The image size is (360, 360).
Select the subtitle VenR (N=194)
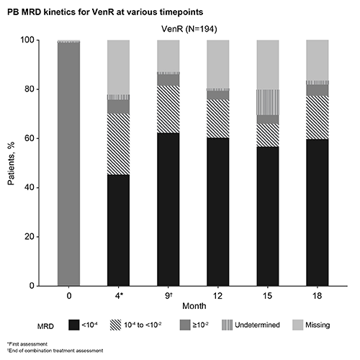click(189, 29)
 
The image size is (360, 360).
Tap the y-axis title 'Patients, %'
click(11, 163)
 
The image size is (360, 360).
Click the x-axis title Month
click(194, 306)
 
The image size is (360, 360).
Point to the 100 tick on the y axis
click(27, 40)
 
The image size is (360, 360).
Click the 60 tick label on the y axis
click(30, 138)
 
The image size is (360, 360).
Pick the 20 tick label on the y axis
click(30, 237)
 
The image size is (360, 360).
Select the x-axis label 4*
click(119, 296)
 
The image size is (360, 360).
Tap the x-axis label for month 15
click(267, 296)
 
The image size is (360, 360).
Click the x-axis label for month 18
click(317, 296)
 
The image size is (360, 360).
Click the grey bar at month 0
click(68, 164)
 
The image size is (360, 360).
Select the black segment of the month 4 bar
click(118, 230)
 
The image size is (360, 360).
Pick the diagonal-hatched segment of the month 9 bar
click(168, 109)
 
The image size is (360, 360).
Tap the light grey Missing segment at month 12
click(218, 64)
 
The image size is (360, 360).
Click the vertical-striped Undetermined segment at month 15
click(268, 102)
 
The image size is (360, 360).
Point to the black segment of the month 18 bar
click(318, 212)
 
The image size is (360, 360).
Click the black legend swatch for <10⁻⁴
click(73, 325)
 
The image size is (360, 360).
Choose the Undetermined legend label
click(257, 325)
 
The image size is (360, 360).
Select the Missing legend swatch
click(297, 325)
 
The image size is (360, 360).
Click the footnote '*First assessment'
click(27, 344)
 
